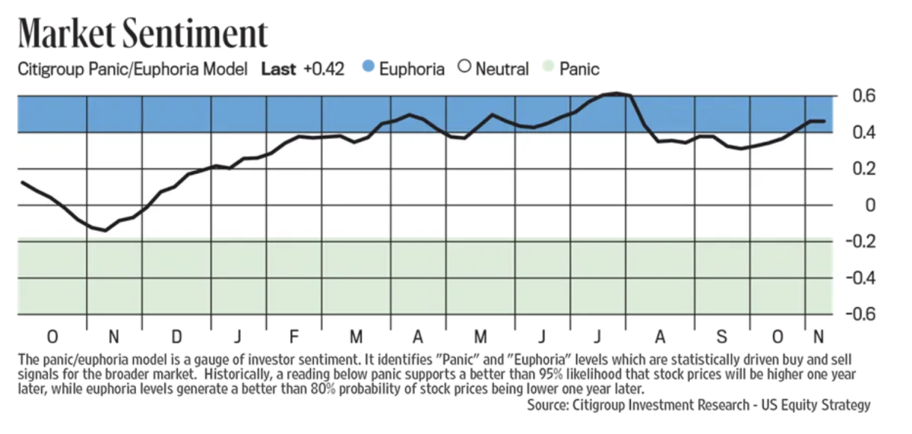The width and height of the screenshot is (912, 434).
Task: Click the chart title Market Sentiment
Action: pos(143,34)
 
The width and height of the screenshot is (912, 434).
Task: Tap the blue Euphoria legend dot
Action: pos(368,69)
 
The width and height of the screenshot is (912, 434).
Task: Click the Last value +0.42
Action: pos(323,69)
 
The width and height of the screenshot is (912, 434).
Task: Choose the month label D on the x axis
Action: pos(176,337)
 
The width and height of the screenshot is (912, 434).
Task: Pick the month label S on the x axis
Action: pos(721,337)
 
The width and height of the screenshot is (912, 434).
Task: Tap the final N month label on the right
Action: pos(818,337)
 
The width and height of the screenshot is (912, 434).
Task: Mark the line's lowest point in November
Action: pos(104,230)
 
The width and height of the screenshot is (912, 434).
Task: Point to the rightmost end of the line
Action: pos(825,122)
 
